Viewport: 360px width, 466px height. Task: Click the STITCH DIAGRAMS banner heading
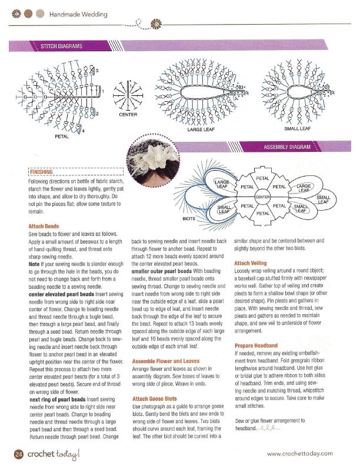point(61,46)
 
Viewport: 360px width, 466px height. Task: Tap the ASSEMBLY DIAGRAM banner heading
point(286,147)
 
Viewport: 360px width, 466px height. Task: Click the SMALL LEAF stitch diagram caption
point(297,128)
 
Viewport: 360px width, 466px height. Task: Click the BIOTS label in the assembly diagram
point(189,218)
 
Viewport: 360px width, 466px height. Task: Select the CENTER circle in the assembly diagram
point(262,196)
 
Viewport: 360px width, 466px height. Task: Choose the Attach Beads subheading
point(44,226)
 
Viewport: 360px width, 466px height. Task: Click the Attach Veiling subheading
point(250,263)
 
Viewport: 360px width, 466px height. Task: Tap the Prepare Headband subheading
point(256,345)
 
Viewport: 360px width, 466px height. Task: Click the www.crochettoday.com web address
point(300,453)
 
